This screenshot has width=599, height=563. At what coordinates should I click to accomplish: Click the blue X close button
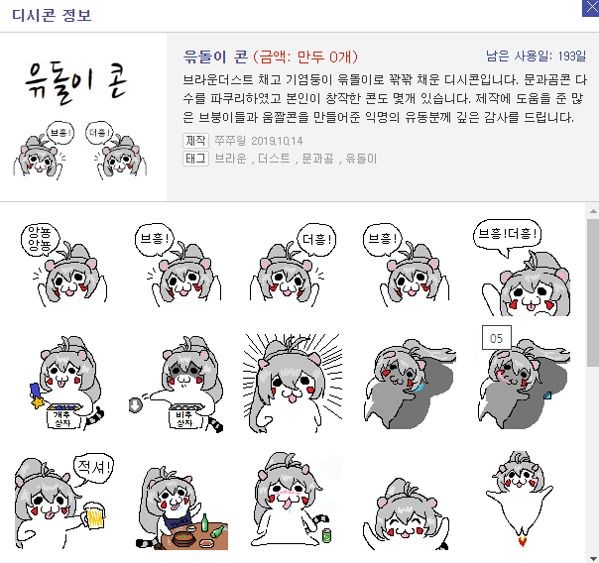pos(591,8)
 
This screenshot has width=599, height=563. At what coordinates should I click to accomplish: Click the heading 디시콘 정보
pos(52,15)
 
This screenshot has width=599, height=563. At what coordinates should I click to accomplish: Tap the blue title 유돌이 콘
pos(215,56)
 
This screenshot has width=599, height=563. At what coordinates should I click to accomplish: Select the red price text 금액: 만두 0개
pos(305,56)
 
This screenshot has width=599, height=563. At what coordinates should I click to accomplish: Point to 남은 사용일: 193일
pos(536,56)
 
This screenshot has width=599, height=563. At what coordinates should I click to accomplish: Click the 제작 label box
pos(195,141)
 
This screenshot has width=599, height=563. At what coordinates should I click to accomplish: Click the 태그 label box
pos(195,158)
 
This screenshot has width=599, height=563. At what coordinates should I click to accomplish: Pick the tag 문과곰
pos(317,158)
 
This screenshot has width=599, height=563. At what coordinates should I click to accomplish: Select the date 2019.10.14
pos(277,141)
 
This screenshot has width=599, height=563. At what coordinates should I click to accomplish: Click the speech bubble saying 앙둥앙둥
pos(40,239)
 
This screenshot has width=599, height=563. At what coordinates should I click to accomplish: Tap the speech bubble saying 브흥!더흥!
pos(508,235)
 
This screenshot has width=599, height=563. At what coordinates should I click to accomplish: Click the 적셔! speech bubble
pos(94,467)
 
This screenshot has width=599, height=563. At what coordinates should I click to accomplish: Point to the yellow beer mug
pos(94,515)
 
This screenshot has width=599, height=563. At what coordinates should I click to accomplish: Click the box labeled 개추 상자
pos(63,416)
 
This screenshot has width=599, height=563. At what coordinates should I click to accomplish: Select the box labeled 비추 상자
pos(185,416)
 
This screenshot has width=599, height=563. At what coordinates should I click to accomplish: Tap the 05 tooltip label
pos(496,338)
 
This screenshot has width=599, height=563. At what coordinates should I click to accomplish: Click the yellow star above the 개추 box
pos(38,401)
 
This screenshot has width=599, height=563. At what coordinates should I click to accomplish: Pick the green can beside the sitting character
pos(326,535)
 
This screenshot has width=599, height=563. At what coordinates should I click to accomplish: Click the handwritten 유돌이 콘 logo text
pos(76,82)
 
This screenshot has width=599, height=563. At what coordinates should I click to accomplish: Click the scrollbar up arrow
pos(593,211)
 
